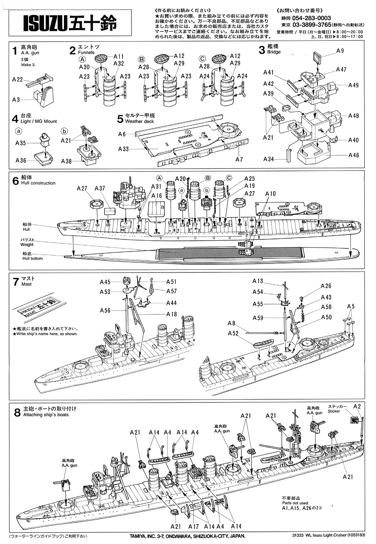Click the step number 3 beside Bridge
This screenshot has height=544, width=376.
coord(261,49)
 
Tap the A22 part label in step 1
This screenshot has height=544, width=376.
coord(17,79)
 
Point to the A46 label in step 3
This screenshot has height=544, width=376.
coord(354,155)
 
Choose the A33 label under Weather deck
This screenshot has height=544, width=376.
coord(123,149)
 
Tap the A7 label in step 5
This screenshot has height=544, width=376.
coord(239,160)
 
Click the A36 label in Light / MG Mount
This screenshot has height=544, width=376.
coord(21,160)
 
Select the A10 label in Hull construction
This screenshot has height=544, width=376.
coord(270,194)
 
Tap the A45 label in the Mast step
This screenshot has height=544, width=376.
coord(105,282)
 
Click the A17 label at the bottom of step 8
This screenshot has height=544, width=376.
coord(193,526)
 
